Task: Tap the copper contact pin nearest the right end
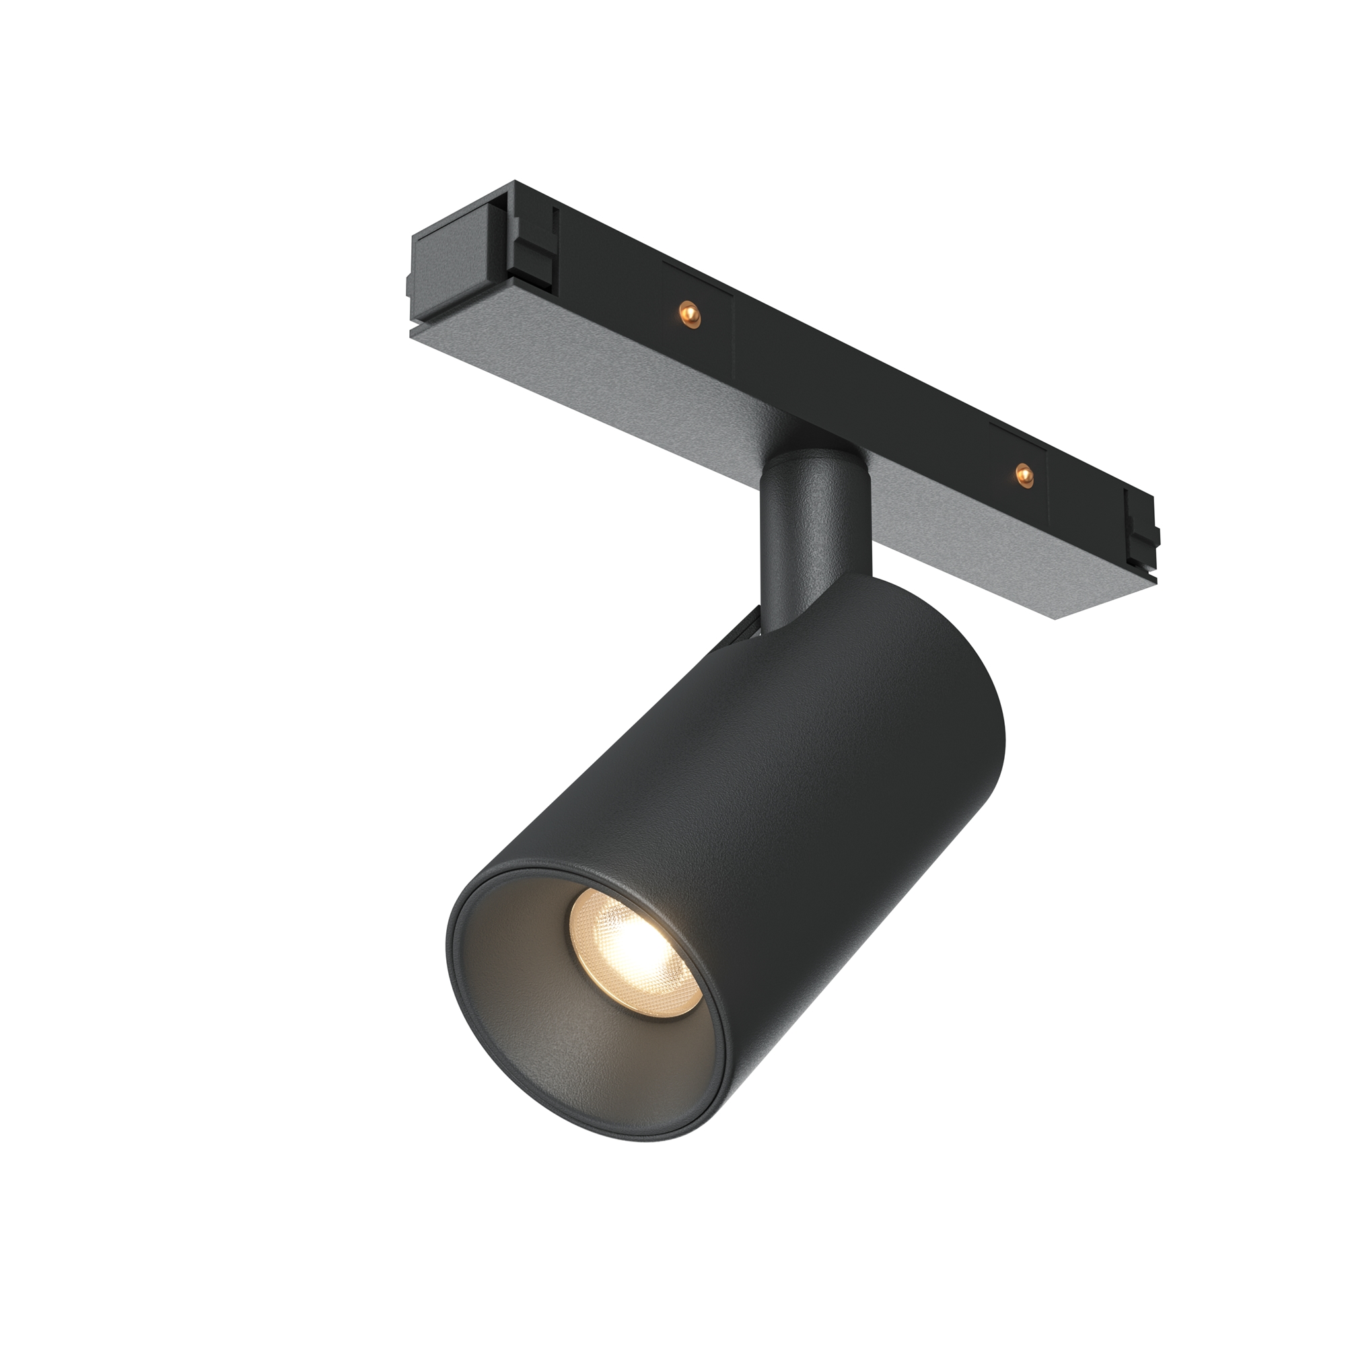[1022, 474]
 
